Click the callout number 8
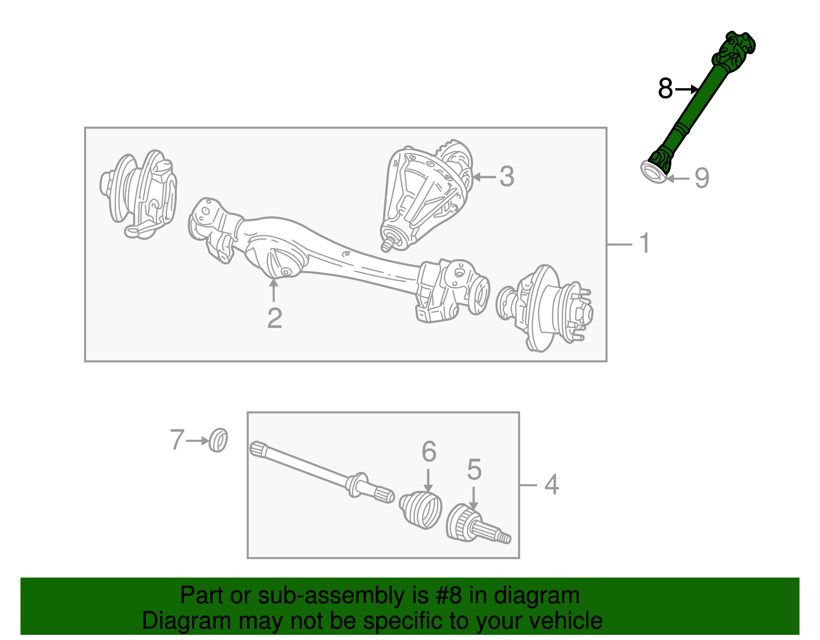(x=665, y=89)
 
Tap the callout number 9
(x=702, y=178)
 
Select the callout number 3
(x=506, y=177)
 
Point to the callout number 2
(x=275, y=318)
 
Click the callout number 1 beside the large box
(x=645, y=243)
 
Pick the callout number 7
(x=177, y=440)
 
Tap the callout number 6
(x=429, y=452)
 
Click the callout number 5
(x=474, y=469)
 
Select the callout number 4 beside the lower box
(x=551, y=484)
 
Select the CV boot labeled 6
(x=421, y=510)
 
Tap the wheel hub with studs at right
(x=548, y=307)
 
